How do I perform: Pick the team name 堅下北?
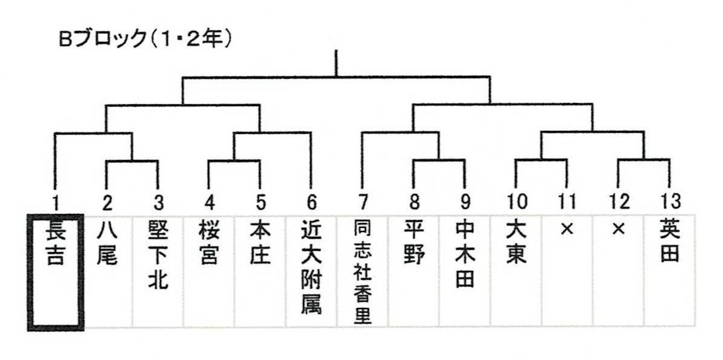tap(158, 255)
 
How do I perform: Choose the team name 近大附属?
tap(311, 267)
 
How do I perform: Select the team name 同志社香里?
tap(362, 270)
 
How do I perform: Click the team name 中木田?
tap(465, 255)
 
